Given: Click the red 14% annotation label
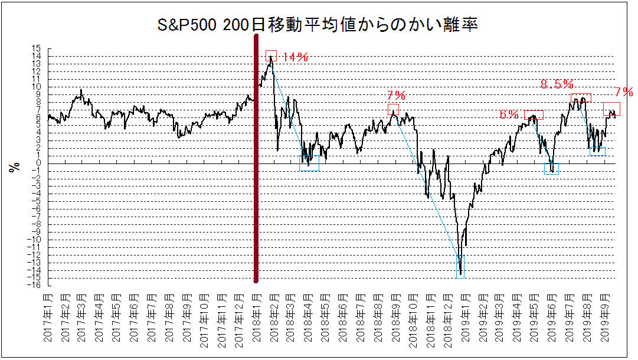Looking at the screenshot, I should tap(295, 57).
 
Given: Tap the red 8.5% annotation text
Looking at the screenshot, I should tap(557, 85).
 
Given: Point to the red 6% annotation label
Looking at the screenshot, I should tap(509, 115).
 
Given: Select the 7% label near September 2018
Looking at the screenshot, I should tap(396, 96).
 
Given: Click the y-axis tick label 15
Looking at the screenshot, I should tap(37, 49).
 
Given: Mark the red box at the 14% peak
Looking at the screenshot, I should tap(271, 55).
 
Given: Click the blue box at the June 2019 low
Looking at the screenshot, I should tap(551, 169).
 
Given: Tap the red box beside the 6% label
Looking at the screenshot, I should tap(534, 115).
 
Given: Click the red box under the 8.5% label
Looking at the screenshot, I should tap(581, 98).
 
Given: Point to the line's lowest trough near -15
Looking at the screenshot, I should tap(460, 273).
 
